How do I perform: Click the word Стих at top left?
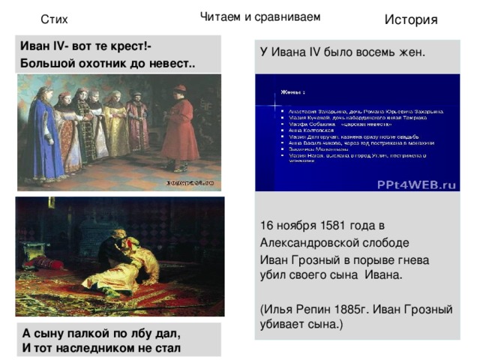pyautogui.click(x=54, y=19)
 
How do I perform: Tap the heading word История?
pyautogui.click(x=410, y=19)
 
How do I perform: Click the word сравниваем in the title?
pyautogui.click(x=289, y=16)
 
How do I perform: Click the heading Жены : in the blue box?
pyautogui.click(x=293, y=93)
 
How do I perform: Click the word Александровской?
pyautogui.click(x=305, y=242)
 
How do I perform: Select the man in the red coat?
pyautogui.click(x=181, y=127)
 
